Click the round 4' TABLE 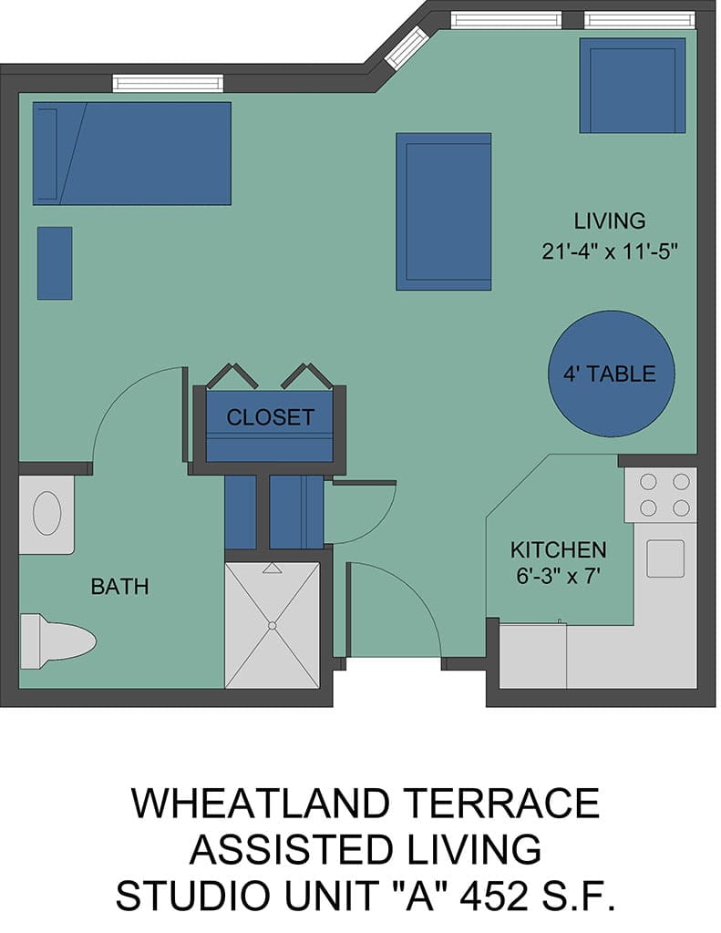tap(611, 374)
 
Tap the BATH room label tap(119, 587)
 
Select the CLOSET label tap(271, 417)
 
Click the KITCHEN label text tap(559, 549)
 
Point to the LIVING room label tap(610, 220)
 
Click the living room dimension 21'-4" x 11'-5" tap(611, 251)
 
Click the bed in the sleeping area tap(131, 153)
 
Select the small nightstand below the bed tap(55, 263)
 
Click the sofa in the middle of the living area tap(444, 211)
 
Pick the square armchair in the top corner tap(633, 86)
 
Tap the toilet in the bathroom tap(57, 641)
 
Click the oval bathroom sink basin tap(47, 513)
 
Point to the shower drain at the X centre tap(273, 625)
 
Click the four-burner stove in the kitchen tap(661, 495)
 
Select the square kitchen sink tap(665, 559)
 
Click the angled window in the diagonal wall tap(407, 48)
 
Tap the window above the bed tap(169, 83)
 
